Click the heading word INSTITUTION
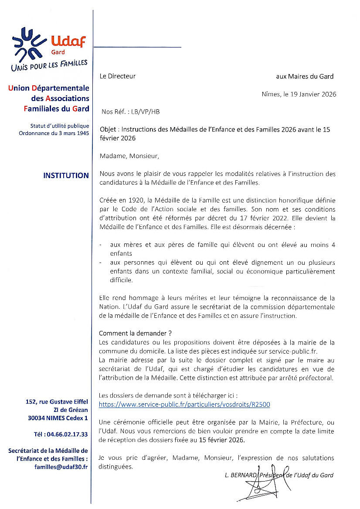(x=66, y=175)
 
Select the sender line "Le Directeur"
(x=117, y=76)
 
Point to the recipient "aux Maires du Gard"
(x=305, y=77)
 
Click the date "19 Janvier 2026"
(x=312, y=94)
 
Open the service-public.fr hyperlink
(x=184, y=405)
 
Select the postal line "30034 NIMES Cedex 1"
(x=58, y=418)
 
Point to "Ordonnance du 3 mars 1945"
(x=54, y=133)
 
